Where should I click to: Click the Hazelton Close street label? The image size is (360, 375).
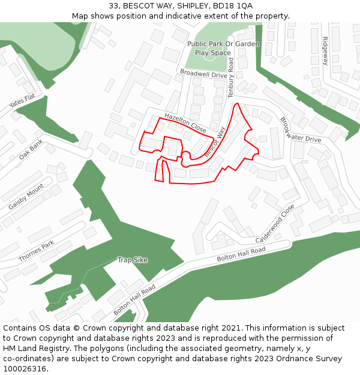[x=185, y=122]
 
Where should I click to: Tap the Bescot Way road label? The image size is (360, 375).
[x=214, y=142]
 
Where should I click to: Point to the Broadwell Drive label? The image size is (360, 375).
[x=203, y=74]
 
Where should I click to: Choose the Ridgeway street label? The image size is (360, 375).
[x=325, y=51]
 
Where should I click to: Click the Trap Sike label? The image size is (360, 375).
[x=133, y=260]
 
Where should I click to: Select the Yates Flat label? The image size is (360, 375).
[x=22, y=101]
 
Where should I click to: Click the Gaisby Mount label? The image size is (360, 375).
[x=26, y=197]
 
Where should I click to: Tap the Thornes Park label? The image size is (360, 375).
[x=36, y=251]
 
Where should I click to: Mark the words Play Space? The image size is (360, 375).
[x=212, y=53]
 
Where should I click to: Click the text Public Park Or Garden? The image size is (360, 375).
[x=223, y=44]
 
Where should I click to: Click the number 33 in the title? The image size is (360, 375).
[x=113, y=6]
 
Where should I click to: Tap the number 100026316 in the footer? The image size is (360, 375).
[x=25, y=368]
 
